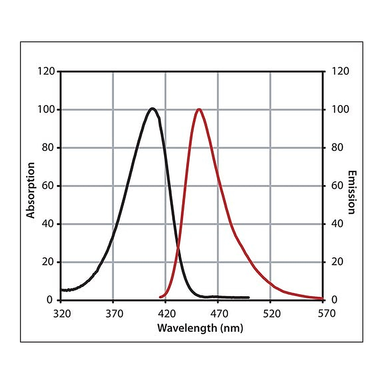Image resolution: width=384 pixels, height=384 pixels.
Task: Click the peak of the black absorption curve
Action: click(x=153, y=108)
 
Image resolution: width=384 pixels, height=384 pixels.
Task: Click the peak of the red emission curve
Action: click(x=199, y=109)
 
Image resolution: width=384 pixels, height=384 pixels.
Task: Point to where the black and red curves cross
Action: click(x=178, y=249)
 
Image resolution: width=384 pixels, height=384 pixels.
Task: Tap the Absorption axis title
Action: click(x=31, y=190)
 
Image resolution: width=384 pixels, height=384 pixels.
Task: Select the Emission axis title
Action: click(x=352, y=192)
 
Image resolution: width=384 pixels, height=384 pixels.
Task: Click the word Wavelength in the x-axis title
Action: click(x=187, y=328)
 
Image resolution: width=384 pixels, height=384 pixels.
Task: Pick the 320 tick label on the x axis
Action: click(x=62, y=313)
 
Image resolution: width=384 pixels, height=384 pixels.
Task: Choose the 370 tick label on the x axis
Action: click(x=114, y=313)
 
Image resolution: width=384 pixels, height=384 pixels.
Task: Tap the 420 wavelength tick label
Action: click(x=167, y=313)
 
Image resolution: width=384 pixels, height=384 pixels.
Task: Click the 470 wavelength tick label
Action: click(x=219, y=313)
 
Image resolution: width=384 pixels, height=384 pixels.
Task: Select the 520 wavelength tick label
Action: click(x=272, y=313)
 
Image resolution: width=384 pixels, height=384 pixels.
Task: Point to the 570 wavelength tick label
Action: click(x=327, y=313)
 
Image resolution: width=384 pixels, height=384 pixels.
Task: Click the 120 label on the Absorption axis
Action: click(x=46, y=71)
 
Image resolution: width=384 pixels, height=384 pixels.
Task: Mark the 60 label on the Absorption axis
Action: click(x=48, y=186)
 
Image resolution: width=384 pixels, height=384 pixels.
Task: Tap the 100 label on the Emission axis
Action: click(x=340, y=109)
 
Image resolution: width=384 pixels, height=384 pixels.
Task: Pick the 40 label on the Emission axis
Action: click(x=337, y=223)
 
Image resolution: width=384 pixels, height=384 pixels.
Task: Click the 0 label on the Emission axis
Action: click(x=334, y=300)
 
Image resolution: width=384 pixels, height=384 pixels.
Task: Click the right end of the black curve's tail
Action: click(x=249, y=297)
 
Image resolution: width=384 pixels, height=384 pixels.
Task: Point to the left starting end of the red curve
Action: click(x=160, y=297)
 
